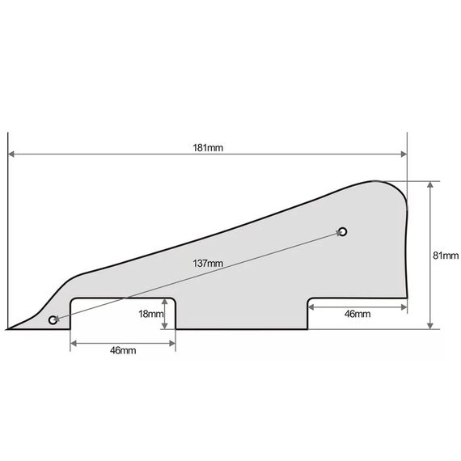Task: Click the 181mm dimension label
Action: coord(208,147)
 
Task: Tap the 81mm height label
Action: coord(446,256)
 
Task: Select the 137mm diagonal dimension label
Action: coord(208,263)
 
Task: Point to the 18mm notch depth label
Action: coord(150,314)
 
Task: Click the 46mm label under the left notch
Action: coord(123,350)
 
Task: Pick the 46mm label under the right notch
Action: coord(357,314)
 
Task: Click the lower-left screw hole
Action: coord(53,320)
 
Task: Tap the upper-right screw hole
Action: coord(343,231)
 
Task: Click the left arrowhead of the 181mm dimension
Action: coord(11,154)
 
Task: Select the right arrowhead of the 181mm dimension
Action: coord(404,154)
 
